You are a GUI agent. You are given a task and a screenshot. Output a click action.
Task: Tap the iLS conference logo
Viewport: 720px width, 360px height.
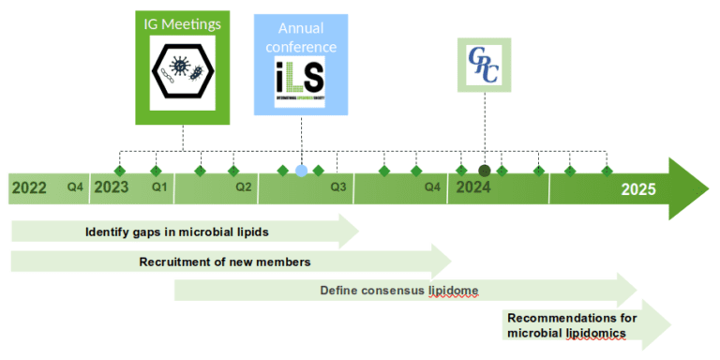300,82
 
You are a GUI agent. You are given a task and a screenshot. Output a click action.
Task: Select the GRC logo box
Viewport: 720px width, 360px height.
484,65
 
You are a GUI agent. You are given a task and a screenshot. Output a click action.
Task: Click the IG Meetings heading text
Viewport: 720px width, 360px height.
182,22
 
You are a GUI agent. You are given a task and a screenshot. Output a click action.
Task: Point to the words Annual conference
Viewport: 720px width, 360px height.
301,37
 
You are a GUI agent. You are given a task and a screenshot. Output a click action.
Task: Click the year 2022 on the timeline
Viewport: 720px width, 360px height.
29,187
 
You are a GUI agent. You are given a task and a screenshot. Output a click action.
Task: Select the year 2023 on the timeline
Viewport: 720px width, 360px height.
112,187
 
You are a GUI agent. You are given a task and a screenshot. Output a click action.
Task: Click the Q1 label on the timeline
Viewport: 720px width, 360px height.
160,187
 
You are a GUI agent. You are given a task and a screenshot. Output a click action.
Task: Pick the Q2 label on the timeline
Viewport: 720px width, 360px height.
244,187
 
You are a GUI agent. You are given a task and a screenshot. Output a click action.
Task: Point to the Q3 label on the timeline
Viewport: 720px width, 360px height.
338,187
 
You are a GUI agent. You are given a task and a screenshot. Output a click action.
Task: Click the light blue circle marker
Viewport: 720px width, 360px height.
301,171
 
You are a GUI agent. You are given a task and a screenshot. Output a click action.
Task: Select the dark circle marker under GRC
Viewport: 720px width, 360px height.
485,171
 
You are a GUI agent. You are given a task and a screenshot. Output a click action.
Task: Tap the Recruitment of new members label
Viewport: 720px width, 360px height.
225,262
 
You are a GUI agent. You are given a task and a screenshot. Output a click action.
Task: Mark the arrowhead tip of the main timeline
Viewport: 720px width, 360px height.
707,188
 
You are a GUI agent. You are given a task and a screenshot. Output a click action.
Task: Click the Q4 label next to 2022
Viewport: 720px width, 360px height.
75,187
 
